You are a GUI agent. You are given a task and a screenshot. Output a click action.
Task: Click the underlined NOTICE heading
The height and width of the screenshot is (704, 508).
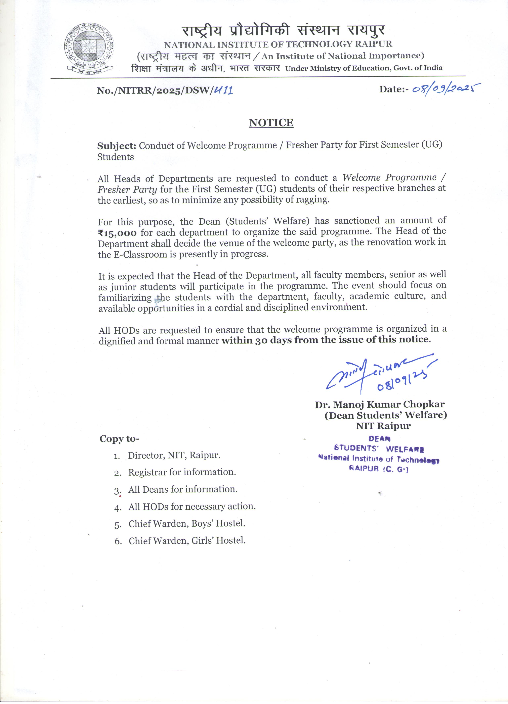[x=271, y=123]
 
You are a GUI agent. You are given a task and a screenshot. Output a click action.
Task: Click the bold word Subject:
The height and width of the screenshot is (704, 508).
[x=117, y=146]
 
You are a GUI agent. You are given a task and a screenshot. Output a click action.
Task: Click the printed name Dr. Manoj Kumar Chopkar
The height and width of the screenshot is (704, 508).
[x=380, y=404]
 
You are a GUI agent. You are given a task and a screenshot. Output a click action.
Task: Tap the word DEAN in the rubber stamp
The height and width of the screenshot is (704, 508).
[x=379, y=439]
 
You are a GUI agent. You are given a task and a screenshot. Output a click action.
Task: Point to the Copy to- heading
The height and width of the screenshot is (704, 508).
[x=119, y=439]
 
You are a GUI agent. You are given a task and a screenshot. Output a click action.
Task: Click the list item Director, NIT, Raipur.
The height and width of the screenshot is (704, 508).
[x=174, y=455]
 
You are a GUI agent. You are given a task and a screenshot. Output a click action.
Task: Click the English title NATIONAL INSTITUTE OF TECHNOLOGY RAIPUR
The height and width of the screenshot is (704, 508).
[x=278, y=44]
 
